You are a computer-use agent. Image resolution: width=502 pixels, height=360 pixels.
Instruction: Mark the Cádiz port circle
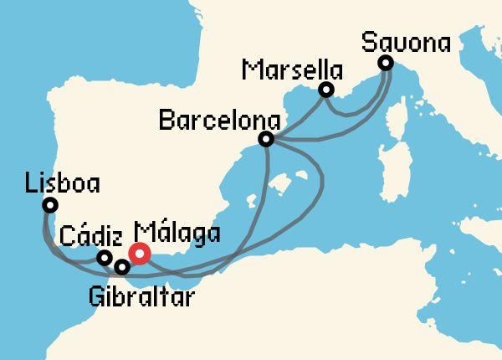coord(105,258)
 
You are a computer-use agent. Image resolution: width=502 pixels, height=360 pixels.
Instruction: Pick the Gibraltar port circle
coord(122,268)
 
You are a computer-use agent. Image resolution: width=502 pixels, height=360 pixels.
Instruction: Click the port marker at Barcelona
coord(266,139)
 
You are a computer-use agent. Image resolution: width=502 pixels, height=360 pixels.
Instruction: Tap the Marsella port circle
coord(326,90)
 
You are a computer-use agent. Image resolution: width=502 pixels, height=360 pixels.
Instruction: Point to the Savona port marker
coord(385,63)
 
